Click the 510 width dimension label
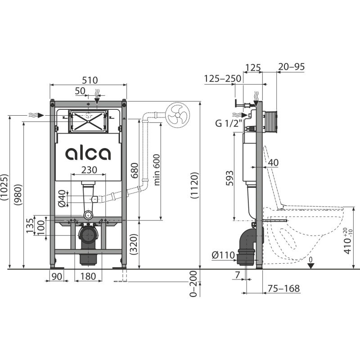[88, 80]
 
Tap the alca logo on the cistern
[88, 153]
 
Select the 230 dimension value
[88, 169]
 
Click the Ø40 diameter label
[63, 198]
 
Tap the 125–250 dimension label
[222, 79]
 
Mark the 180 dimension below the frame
[88, 276]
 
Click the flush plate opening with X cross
[88, 120]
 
